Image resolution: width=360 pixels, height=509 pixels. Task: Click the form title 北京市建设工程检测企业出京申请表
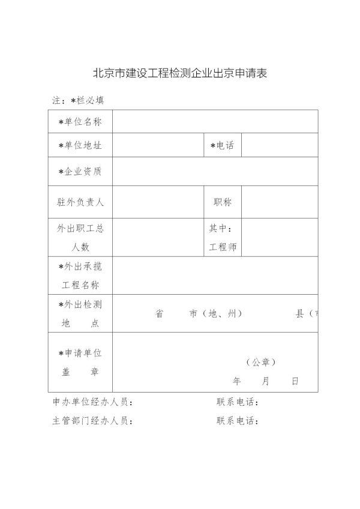pos(179,74)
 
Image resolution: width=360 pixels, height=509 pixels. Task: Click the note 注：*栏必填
pos(78,100)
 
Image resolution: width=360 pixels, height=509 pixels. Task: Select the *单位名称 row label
pos(80,122)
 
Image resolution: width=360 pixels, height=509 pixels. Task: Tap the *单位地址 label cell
pos(80,146)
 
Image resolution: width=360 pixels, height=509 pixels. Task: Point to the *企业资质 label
pos(80,172)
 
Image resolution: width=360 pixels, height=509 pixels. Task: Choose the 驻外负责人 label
pos(80,202)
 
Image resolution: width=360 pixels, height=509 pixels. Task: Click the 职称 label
pos(223,202)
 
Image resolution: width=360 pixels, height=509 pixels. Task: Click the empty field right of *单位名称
pos(215,122)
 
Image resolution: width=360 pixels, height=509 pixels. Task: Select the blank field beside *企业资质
pos(215,172)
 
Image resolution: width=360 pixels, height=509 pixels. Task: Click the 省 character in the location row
pos(160,314)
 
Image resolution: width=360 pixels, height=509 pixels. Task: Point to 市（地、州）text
pos(215,314)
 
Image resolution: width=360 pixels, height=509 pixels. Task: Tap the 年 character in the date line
pos(236,381)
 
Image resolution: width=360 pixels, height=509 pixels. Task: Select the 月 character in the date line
pos(266,381)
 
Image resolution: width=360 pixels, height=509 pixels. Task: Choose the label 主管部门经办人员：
pos(92,421)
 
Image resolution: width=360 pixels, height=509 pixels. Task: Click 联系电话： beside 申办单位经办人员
pos(238,402)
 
